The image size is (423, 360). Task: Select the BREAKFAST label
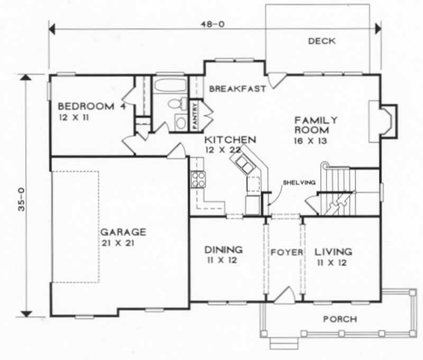pos(237,89)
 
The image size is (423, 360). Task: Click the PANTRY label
pos(195,116)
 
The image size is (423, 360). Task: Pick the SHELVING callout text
pos(300,182)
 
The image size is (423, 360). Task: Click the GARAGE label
pos(124,232)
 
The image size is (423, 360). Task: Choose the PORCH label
pos(339,319)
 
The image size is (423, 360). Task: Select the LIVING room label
pos(333,251)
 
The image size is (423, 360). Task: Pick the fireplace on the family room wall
pos(384,121)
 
